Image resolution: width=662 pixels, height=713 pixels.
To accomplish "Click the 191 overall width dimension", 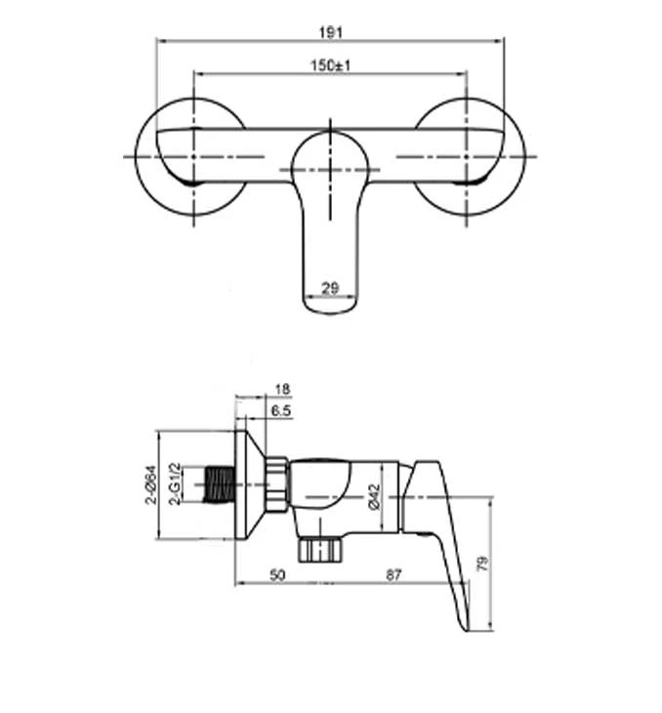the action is (331, 32).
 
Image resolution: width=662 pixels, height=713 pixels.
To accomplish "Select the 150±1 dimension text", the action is (331, 65).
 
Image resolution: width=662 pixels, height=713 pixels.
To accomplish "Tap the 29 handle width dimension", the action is (330, 288).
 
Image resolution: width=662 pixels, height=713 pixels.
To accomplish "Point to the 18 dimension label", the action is (282, 390).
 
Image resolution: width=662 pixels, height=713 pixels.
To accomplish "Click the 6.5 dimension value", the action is (281, 411).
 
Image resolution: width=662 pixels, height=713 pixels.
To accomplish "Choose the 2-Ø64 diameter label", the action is (150, 484).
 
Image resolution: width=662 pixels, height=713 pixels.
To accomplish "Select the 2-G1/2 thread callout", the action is (175, 483).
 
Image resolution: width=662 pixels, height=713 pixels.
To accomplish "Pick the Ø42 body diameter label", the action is (374, 497).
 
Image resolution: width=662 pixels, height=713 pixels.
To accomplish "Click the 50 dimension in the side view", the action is (278, 575).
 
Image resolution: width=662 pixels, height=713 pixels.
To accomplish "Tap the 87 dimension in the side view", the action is (393, 575).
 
